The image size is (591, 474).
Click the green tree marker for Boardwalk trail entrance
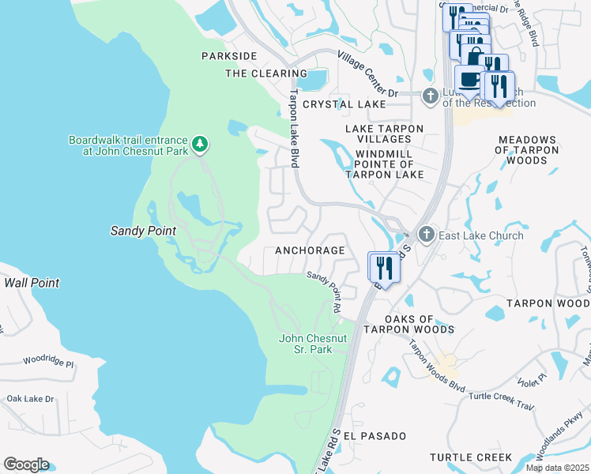[x=201, y=143]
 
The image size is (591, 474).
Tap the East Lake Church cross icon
[x=427, y=235]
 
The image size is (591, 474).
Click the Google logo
[x=26, y=465]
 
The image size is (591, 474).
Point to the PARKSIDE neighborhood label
[x=229, y=56]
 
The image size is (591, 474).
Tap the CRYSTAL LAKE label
[x=344, y=104]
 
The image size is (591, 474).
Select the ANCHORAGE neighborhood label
[x=310, y=250]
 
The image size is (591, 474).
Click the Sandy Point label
[x=142, y=231]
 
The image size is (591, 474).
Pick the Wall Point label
[x=32, y=282]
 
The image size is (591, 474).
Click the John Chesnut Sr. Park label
[x=314, y=344]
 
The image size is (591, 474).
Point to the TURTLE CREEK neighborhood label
[x=471, y=457]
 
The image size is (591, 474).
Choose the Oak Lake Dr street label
[x=30, y=399]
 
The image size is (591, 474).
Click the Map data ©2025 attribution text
[x=557, y=468]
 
